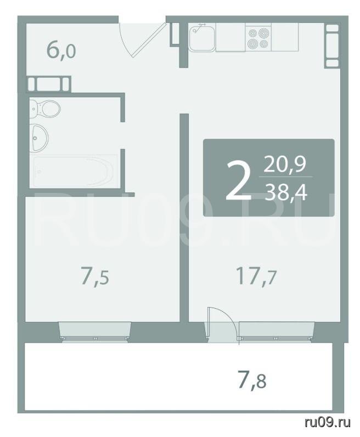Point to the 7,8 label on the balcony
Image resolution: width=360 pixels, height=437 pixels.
[252, 379]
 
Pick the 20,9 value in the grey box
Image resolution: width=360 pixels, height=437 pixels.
[285, 164]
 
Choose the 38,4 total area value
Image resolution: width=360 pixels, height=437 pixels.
[286, 193]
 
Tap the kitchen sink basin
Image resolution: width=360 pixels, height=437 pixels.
[202, 38]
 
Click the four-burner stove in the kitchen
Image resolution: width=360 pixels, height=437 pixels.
[258, 37]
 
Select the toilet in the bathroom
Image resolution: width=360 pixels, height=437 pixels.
[44, 109]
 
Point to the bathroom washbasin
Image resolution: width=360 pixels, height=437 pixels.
[39, 138]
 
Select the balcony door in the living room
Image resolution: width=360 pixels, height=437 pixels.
[222, 325]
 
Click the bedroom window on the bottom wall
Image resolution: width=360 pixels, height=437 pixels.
[95, 331]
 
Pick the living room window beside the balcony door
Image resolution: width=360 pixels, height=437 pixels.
[276, 331]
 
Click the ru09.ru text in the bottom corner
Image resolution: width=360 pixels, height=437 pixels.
[328, 423]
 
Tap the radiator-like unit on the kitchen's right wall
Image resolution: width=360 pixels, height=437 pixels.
[332, 46]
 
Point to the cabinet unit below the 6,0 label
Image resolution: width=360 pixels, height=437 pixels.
[49, 84]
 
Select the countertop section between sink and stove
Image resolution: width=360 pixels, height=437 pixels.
[230, 37]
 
